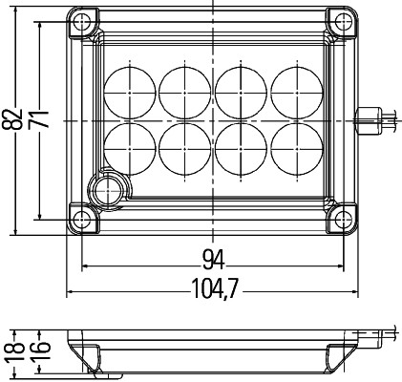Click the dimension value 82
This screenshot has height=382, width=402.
[x=11, y=120]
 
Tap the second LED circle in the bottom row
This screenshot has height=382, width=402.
[x=182, y=149]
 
